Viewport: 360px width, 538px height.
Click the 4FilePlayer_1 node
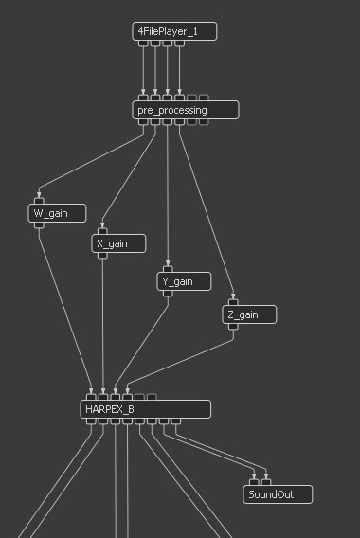click(x=174, y=31)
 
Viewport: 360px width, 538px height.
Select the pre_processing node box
click(x=186, y=110)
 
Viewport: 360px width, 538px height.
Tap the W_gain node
click(x=57, y=213)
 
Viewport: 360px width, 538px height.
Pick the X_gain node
click(x=118, y=243)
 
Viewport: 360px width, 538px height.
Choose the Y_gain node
click(x=184, y=281)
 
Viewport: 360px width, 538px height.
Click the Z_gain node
click(x=249, y=314)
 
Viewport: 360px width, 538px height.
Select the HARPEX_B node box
click(x=146, y=409)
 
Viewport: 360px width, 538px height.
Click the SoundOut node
click(x=278, y=494)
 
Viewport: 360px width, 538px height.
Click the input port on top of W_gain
click(x=39, y=201)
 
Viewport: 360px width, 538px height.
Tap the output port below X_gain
click(x=102, y=256)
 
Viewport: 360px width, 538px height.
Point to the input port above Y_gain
click(x=168, y=269)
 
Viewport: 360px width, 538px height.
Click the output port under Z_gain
click(x=233, y=326)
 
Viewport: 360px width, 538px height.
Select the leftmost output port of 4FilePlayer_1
click(x=143, y=44)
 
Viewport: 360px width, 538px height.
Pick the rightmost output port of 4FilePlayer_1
click(x=179, y=44)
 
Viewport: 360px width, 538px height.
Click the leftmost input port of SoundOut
click(x=254, y=482)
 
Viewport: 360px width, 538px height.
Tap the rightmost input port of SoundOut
click(x=266, y=482)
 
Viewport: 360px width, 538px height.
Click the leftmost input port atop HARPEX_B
click(x=91, y=397)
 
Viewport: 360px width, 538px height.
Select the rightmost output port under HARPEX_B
click(x=175, y=421)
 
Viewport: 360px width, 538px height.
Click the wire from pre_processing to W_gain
click(x=91, y=161)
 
